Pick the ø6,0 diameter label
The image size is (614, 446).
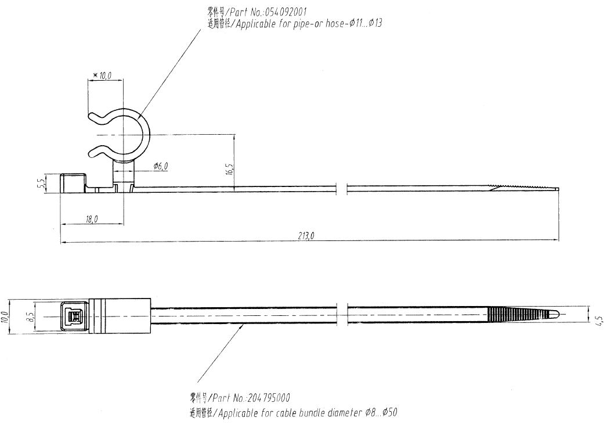161,167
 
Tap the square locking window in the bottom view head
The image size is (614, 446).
74,316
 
